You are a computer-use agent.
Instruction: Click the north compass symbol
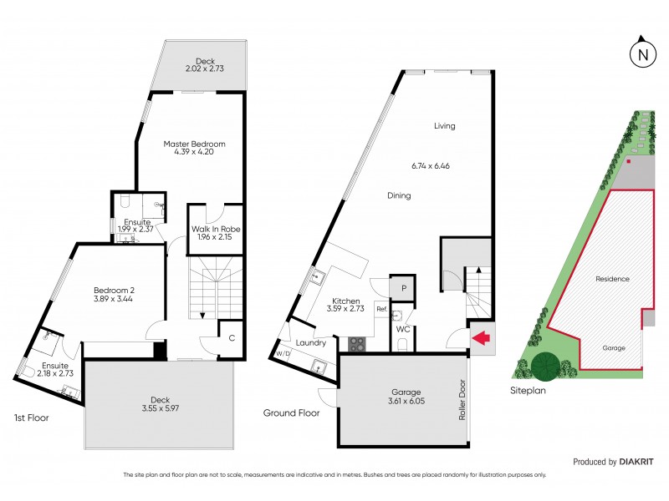click(x=642, y=53)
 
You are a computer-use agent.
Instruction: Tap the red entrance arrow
click(x=481, y=338)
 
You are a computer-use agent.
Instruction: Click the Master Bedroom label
click(x=194, y=144)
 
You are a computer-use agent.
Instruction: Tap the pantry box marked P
click(x=403, y=288)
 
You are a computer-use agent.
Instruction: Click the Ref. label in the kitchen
click(x=381, y=309)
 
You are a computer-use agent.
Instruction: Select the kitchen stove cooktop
click(x=356, y=343)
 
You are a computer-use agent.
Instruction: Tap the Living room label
click(x=444, y=126)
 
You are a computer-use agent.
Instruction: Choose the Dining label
click(x=399, y=196)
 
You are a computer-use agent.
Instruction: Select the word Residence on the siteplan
click(x=612, y=279)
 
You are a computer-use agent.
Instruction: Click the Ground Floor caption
click(x=292, y=412)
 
